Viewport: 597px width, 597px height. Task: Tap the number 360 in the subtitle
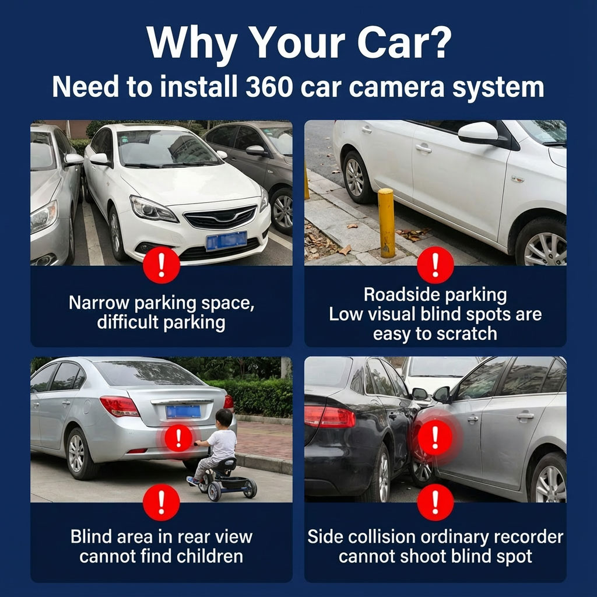click(x=269, y=87)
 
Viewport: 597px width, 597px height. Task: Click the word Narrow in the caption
click(x=99, y=303)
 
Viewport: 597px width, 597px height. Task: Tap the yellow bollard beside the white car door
click(x=387, y=223)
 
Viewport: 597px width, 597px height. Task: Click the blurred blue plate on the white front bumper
click(x=226, y=241)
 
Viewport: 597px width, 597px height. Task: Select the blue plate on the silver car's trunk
click(x=183, y=412)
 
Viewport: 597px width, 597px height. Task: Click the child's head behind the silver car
click(x=224, y=418)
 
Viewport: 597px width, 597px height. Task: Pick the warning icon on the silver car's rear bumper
click(x=178, y=438)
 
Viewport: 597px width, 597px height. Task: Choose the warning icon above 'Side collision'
click(x=436, y=503)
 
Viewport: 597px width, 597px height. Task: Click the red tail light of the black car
click(x=330, y=416)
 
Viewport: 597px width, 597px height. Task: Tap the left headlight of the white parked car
click(x=153, y=209)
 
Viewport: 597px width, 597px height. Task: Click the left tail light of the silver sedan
click(x=120, y=406)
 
